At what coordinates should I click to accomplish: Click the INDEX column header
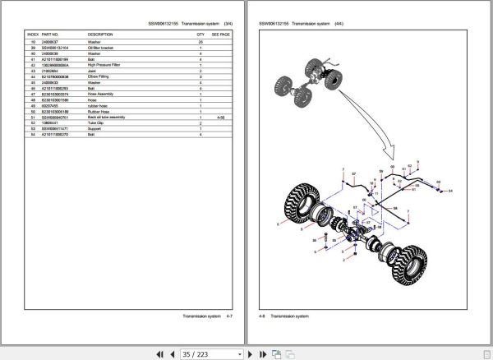click(34, 35)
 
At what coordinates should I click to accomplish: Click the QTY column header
click(200, 35)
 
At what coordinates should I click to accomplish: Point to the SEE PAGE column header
click(221, 35)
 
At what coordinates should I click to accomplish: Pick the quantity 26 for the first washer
click(200, 42)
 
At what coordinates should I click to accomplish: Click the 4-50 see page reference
click(220, 118)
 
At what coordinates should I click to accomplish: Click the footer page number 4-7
click(233, 316)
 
